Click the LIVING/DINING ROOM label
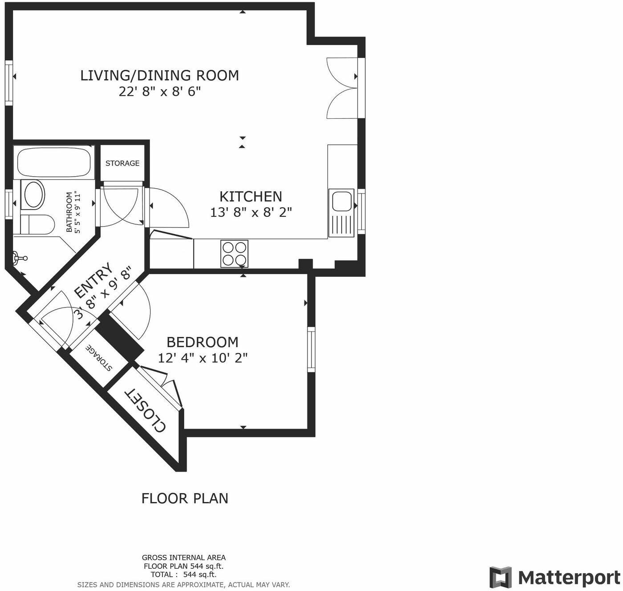pyautogui.click(x=159, y=75)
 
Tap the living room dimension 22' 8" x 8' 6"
pyautogui.click(x=159, y=92)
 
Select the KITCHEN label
pyautogui.click(x=251, y=196)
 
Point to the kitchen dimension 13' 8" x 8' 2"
pyautogui.click(x=251, y=213)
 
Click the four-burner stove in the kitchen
pyautogui.click(x=235, y=254)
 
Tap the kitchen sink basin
pyautogui.click(x=341, y=201)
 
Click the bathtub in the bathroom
pyautogui.click(x=54, y=162)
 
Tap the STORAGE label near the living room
pyautogui.click(x=122, y=163)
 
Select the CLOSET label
pyautogui.click(x=145, y=410)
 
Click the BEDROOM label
pyautogui.click(x=202, y=342)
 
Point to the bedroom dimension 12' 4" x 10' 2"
pyautogui.click(x=202, y=358)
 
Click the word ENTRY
pyautogui.click(x=93, y=281)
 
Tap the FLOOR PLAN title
pyautogui.click(x=185, y=498)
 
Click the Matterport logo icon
pyautogui.click(x=501, y=577)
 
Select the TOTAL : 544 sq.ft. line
pyautogui.click(x=183, y=574)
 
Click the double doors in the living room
pyautogui.click(x=343, y=88)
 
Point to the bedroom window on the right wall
pyautogui.click(x=311, y=349)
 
